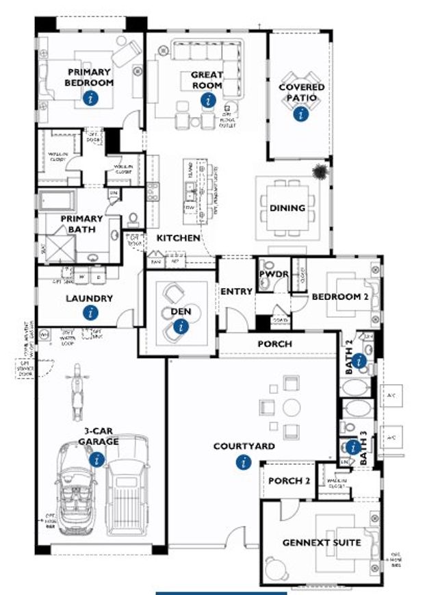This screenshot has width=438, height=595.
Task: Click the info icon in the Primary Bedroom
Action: [89, 99]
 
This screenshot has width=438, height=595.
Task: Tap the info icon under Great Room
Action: [207, 100]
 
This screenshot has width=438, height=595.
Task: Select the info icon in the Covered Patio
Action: [300, 114]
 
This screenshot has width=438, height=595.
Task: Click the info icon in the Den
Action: [181, 327]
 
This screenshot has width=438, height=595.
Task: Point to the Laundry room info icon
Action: [90, 313]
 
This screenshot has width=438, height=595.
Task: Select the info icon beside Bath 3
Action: [353, 447]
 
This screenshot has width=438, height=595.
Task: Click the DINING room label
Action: [287, 208]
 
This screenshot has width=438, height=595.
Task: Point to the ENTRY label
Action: [237, 291]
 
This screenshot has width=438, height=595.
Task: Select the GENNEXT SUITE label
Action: [322, 542]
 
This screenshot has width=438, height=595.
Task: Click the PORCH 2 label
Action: [289, 481]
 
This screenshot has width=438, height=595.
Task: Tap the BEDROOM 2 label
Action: [340, 297]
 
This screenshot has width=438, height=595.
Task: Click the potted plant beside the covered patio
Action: [320, 172]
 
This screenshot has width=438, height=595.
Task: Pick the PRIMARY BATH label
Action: [81, 223]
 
